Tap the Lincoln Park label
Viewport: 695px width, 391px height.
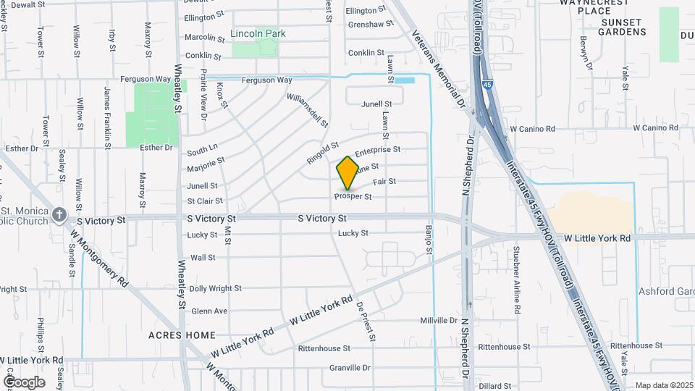pyautogui.click(x=258, y=34)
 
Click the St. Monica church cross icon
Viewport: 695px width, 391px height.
pyautogui.click(x=59, y=215)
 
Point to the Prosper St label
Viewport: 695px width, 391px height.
pyautogui.click(x=353, y=197)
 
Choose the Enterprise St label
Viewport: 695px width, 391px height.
pyautogui.click(x=378, y=150)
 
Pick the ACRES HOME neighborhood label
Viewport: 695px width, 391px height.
pyautogui.click(x=182, y=335)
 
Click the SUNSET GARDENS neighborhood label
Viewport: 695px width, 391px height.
pyautogui.click(x=622, y=27)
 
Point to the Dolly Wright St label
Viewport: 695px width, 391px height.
pyautogui.click(x=216, y=288)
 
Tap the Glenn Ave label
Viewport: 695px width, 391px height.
pyautogui.click(x=209, y=311)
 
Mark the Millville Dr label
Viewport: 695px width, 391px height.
pyautogui.click(x=439, y=321)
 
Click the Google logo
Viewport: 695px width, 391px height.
pyautogui.click(x=24, y=382)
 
